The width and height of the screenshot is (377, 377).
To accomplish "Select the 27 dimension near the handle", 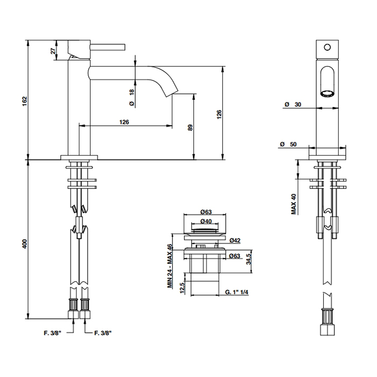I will (53, 51).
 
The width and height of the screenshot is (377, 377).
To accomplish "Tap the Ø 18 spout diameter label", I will (131, 96).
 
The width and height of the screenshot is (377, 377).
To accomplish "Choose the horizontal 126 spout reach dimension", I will (124, 122).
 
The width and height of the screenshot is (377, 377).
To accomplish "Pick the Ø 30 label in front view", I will (295, 104).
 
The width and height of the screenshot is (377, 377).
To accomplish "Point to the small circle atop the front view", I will (326, 47).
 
